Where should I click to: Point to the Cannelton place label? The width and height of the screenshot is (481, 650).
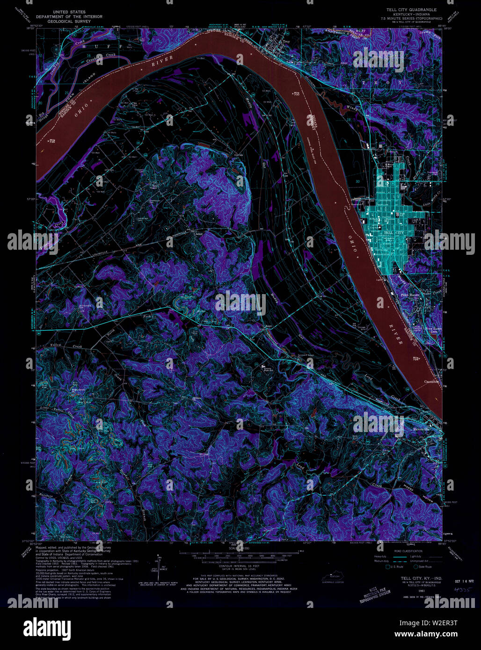431,382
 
